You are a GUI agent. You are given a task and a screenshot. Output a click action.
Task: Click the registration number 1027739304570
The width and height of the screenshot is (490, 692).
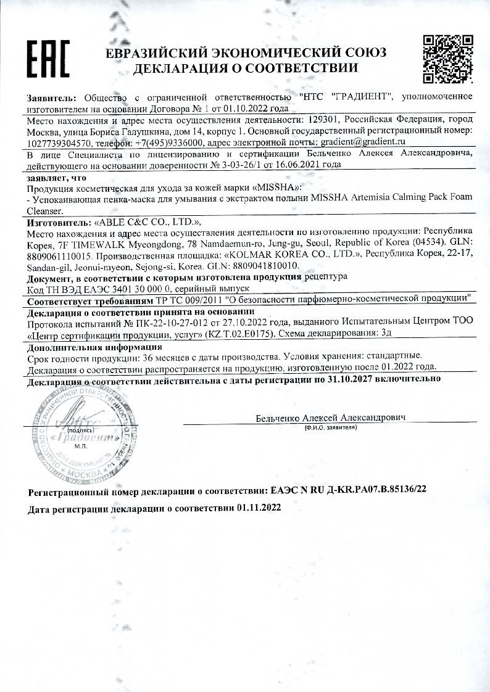tap(59, 141)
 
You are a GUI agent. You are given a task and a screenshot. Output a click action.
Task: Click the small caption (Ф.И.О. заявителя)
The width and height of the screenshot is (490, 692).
tap(330, 427)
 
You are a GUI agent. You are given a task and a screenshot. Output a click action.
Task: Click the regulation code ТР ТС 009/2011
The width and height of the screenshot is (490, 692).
tap(196, 300)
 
